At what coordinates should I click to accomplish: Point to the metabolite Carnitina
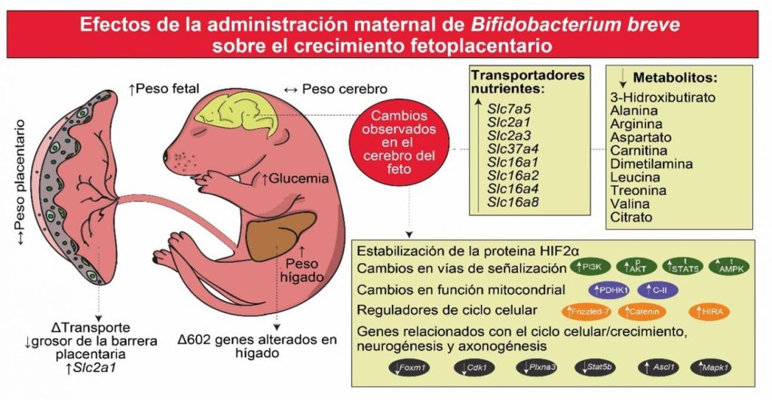tap(641, 150)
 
